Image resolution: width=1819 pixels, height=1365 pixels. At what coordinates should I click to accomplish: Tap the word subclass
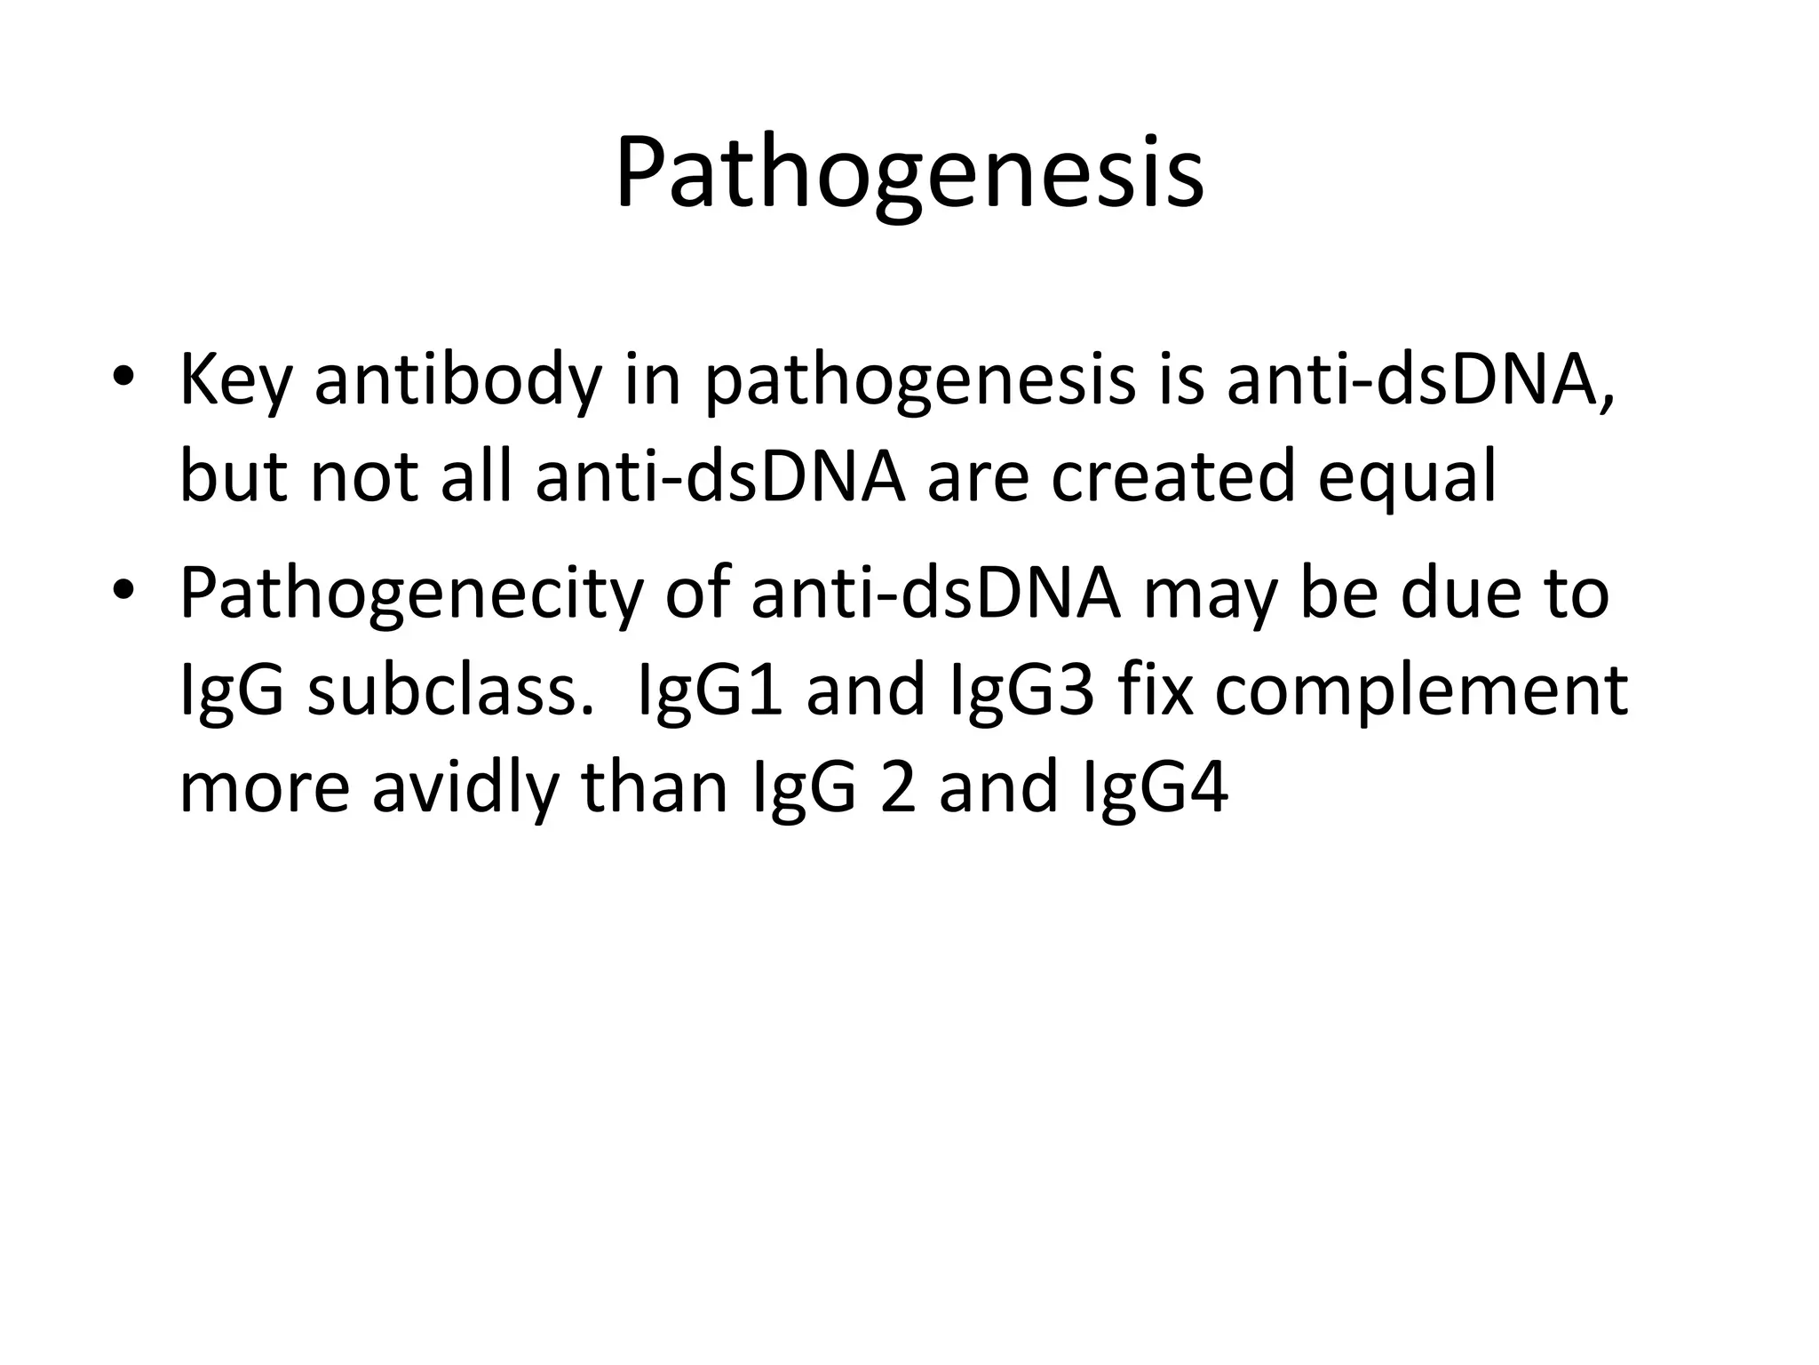449,691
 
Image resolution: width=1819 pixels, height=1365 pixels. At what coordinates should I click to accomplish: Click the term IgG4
1156,789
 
